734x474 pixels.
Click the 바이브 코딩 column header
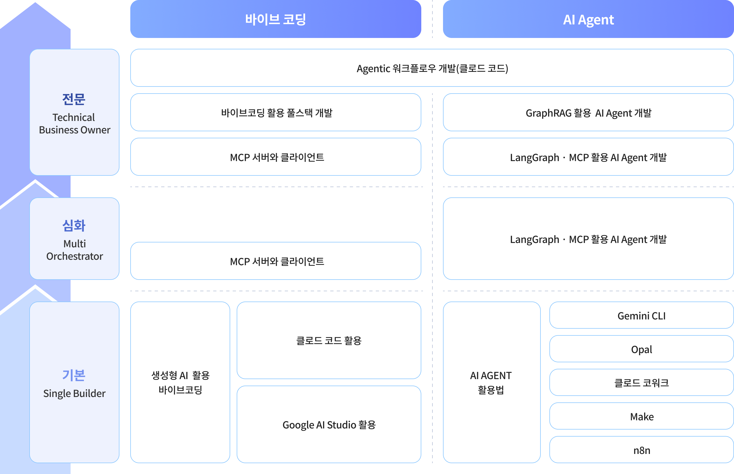276,19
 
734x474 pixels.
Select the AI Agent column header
588,19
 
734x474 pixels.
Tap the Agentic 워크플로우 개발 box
432,68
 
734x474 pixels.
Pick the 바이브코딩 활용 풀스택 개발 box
276,112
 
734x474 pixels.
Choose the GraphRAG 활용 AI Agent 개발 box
588,112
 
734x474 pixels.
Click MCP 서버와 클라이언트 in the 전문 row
276,157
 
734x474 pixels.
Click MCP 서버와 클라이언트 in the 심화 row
276,261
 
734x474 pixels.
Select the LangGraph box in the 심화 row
588,239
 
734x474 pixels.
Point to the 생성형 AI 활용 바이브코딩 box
180,382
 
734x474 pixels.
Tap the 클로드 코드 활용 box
329,340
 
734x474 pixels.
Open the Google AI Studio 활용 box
329,424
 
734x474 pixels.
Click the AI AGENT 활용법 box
492,382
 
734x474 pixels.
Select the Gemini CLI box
642,315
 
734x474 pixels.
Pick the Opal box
642,349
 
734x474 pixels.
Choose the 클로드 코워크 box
642,382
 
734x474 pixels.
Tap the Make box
642,416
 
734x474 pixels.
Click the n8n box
642,450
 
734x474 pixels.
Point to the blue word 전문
74,99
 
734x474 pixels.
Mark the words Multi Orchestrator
75,250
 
